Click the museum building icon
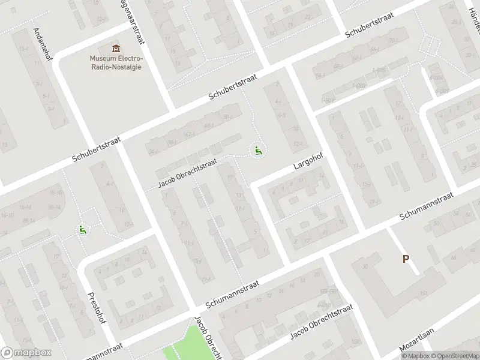[116, 48]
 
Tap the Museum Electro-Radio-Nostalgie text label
[116, 62]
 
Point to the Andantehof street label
[41, 43]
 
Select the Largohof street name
[309, 163]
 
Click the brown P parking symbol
[406, 259]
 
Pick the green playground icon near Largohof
[258, 151]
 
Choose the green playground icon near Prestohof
[82, 230]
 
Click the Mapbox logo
[26, 353]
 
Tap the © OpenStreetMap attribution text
[455, 356]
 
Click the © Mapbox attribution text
[415, 356]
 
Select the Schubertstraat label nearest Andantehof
[97, 149]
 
